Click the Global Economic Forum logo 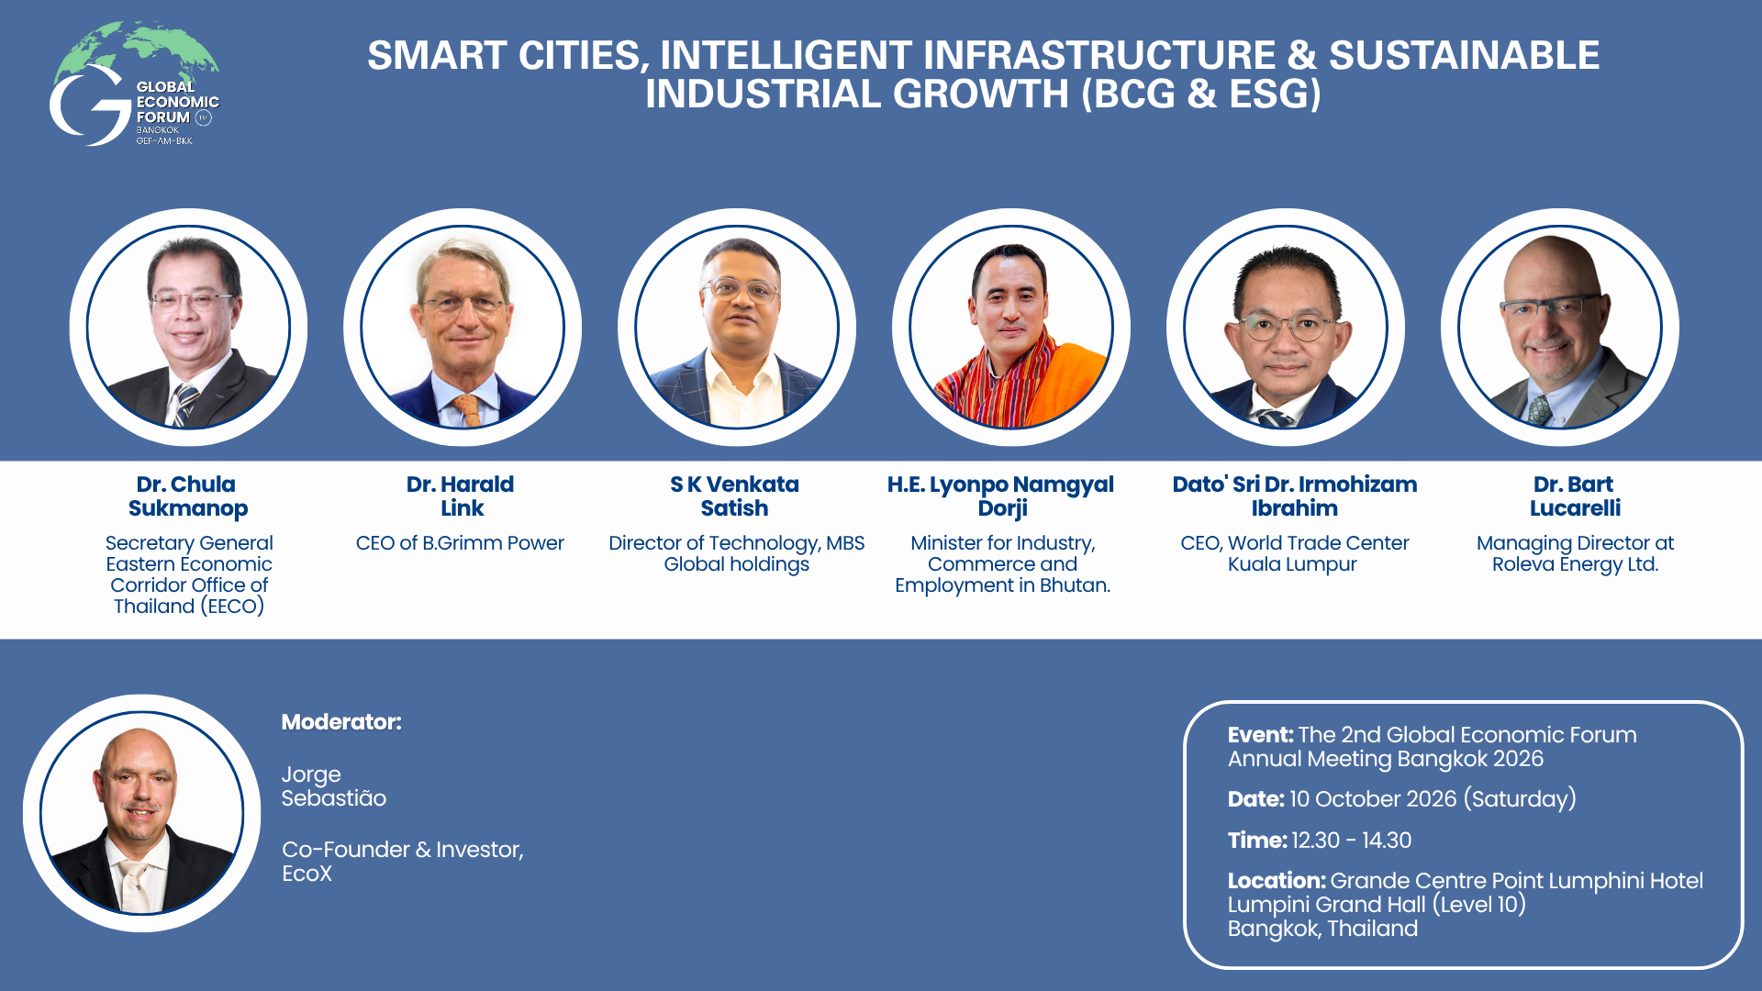pos(134,84)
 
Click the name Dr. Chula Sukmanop pos(187,496)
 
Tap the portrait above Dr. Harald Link pos(463,328)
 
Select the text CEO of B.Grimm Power pos(460,543)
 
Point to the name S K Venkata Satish pos(734,496)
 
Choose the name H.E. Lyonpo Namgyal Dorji pos(1001,496)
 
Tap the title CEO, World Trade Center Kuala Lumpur pos(1294,553)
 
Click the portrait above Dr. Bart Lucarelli pos(1560,328)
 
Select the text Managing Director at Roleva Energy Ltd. pos(1575,553)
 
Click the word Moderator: pos(341,722)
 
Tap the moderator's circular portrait pos(142,813)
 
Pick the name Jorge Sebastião pos(334,786)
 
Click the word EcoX pos(307,874)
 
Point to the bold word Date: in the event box pos(1255,799)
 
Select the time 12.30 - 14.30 pos(1352,841)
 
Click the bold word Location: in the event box pos(1277,881)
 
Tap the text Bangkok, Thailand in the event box pos(1322,929)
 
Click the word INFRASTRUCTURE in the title pos(1099,55)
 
